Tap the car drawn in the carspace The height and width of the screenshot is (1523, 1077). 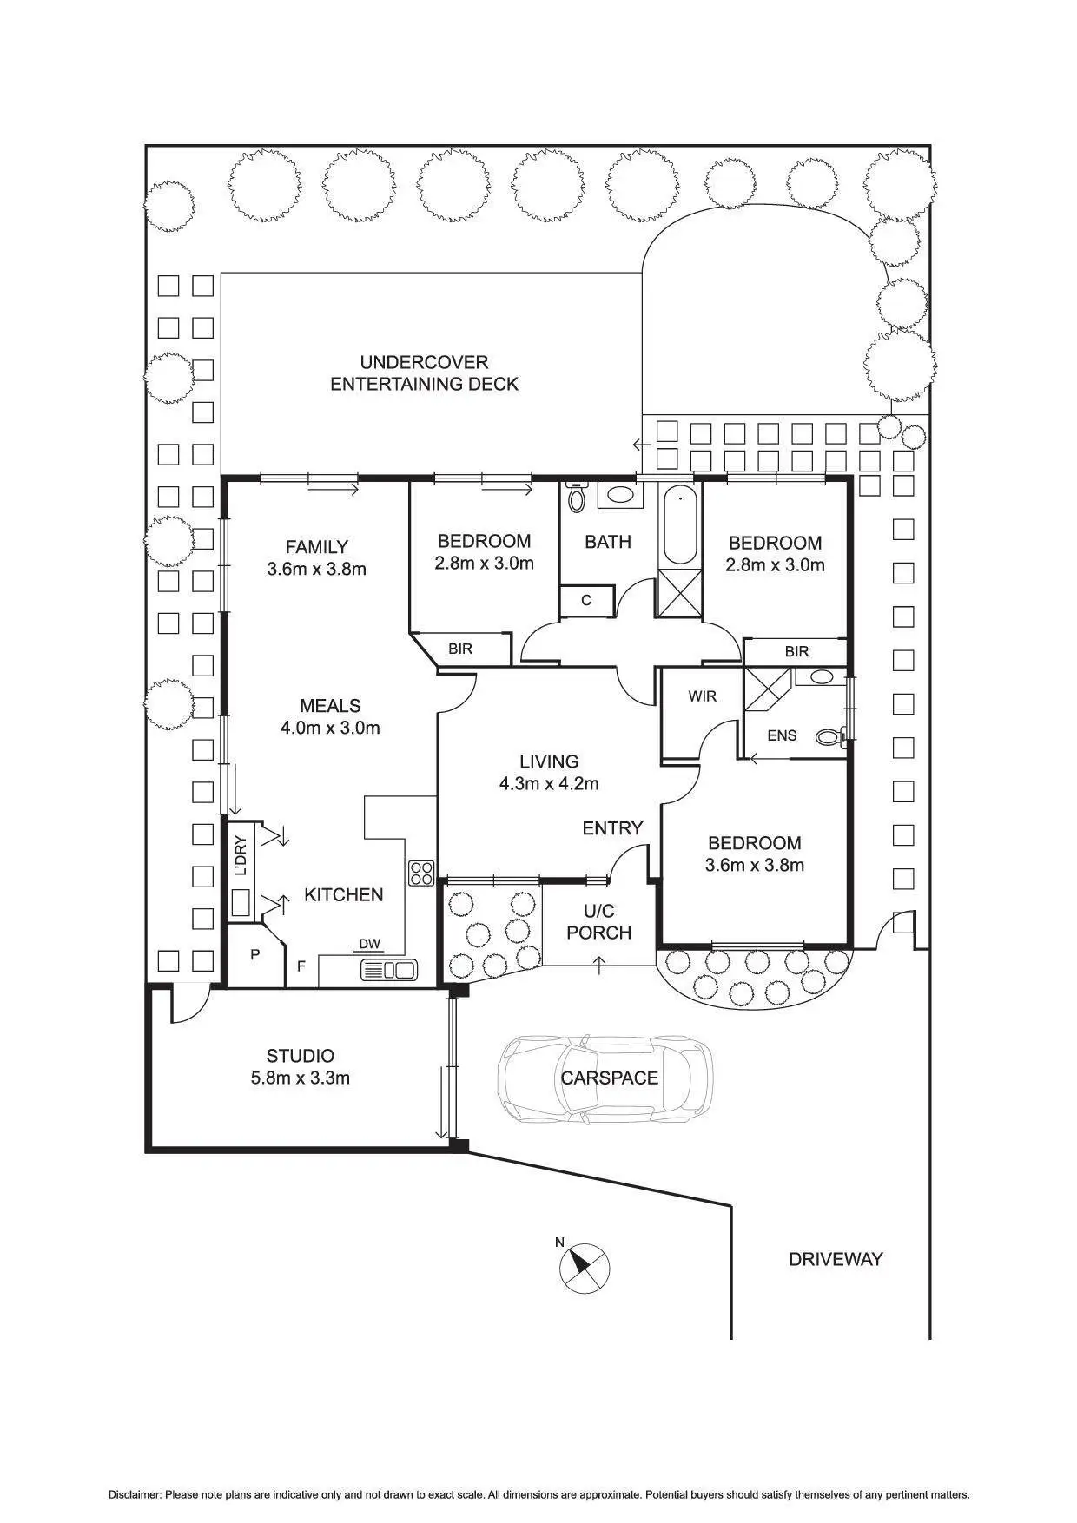605,1078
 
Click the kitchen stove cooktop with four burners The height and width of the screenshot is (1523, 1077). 421,873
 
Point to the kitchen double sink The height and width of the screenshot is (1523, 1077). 389,970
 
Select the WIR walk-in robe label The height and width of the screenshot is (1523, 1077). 702,696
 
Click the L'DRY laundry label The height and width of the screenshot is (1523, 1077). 241,855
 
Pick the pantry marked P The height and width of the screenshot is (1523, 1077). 255,955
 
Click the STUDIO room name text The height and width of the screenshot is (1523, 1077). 300,1056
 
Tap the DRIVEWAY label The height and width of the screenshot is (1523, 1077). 836,1259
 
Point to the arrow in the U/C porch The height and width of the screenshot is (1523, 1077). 599,962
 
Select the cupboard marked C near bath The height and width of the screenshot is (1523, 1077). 586,600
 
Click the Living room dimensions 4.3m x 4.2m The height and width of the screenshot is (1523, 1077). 549,783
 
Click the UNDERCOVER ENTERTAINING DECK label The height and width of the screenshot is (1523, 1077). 424,373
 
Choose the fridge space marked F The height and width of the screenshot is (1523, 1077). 301,964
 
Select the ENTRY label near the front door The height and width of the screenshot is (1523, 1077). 612,828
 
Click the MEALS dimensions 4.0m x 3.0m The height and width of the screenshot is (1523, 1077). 330,728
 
